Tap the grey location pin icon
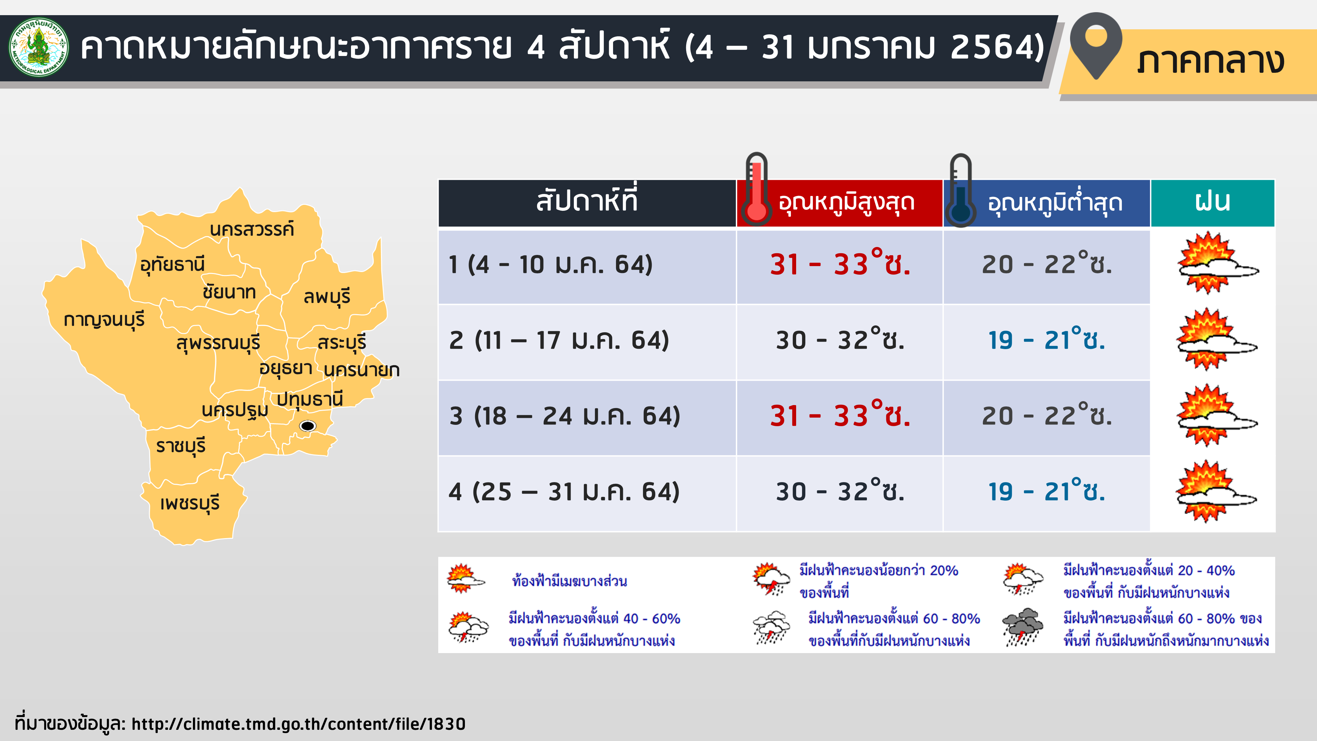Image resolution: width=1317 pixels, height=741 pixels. (x=1096, y=45)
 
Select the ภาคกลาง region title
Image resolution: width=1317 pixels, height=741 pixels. (x=1211, y=61)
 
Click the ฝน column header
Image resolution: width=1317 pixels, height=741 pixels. (x=1212, y=203)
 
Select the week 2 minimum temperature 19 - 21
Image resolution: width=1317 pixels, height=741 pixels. (x=1047, y=340)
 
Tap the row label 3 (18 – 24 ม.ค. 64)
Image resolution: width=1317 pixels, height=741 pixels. (x=564, y=416)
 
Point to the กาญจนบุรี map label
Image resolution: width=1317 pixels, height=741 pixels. (x=104, y=320)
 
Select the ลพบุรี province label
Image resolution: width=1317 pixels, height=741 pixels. (x=327, y=297)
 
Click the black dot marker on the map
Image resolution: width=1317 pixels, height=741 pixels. (x=307, y=425)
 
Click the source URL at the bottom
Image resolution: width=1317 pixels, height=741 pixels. (x=299, y=724)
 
